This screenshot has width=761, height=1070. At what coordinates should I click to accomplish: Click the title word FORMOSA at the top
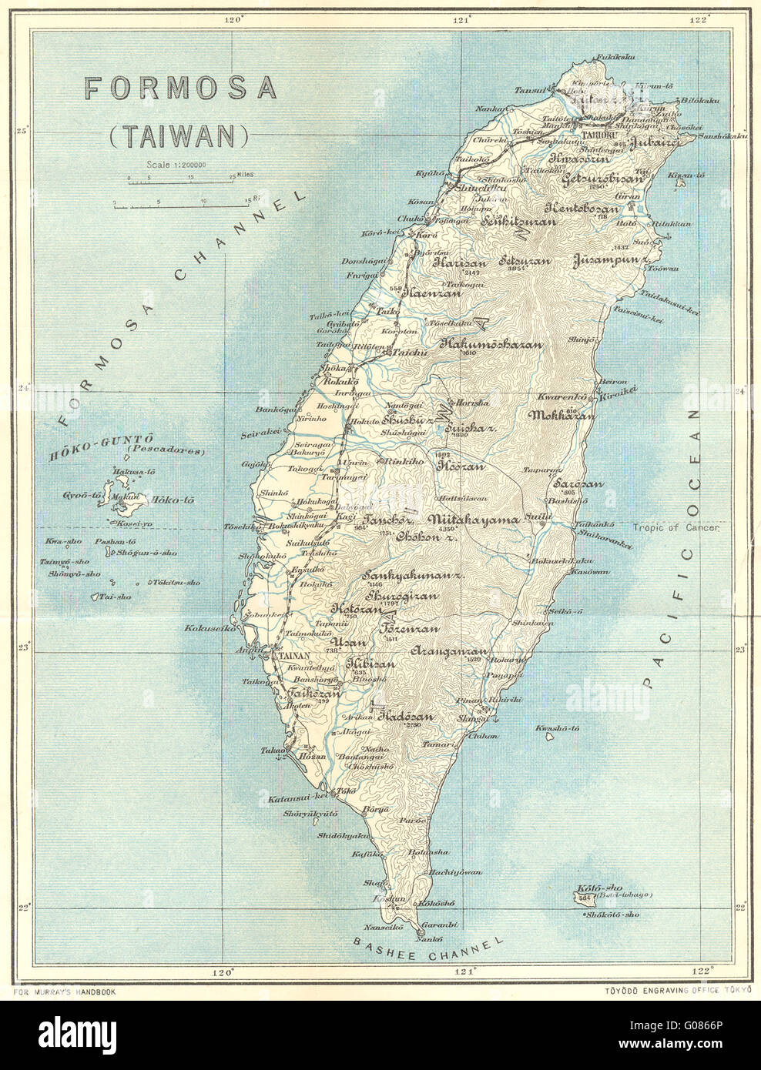click(x=180, y=88)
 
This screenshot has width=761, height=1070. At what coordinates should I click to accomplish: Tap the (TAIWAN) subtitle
click(x=181, y=135)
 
